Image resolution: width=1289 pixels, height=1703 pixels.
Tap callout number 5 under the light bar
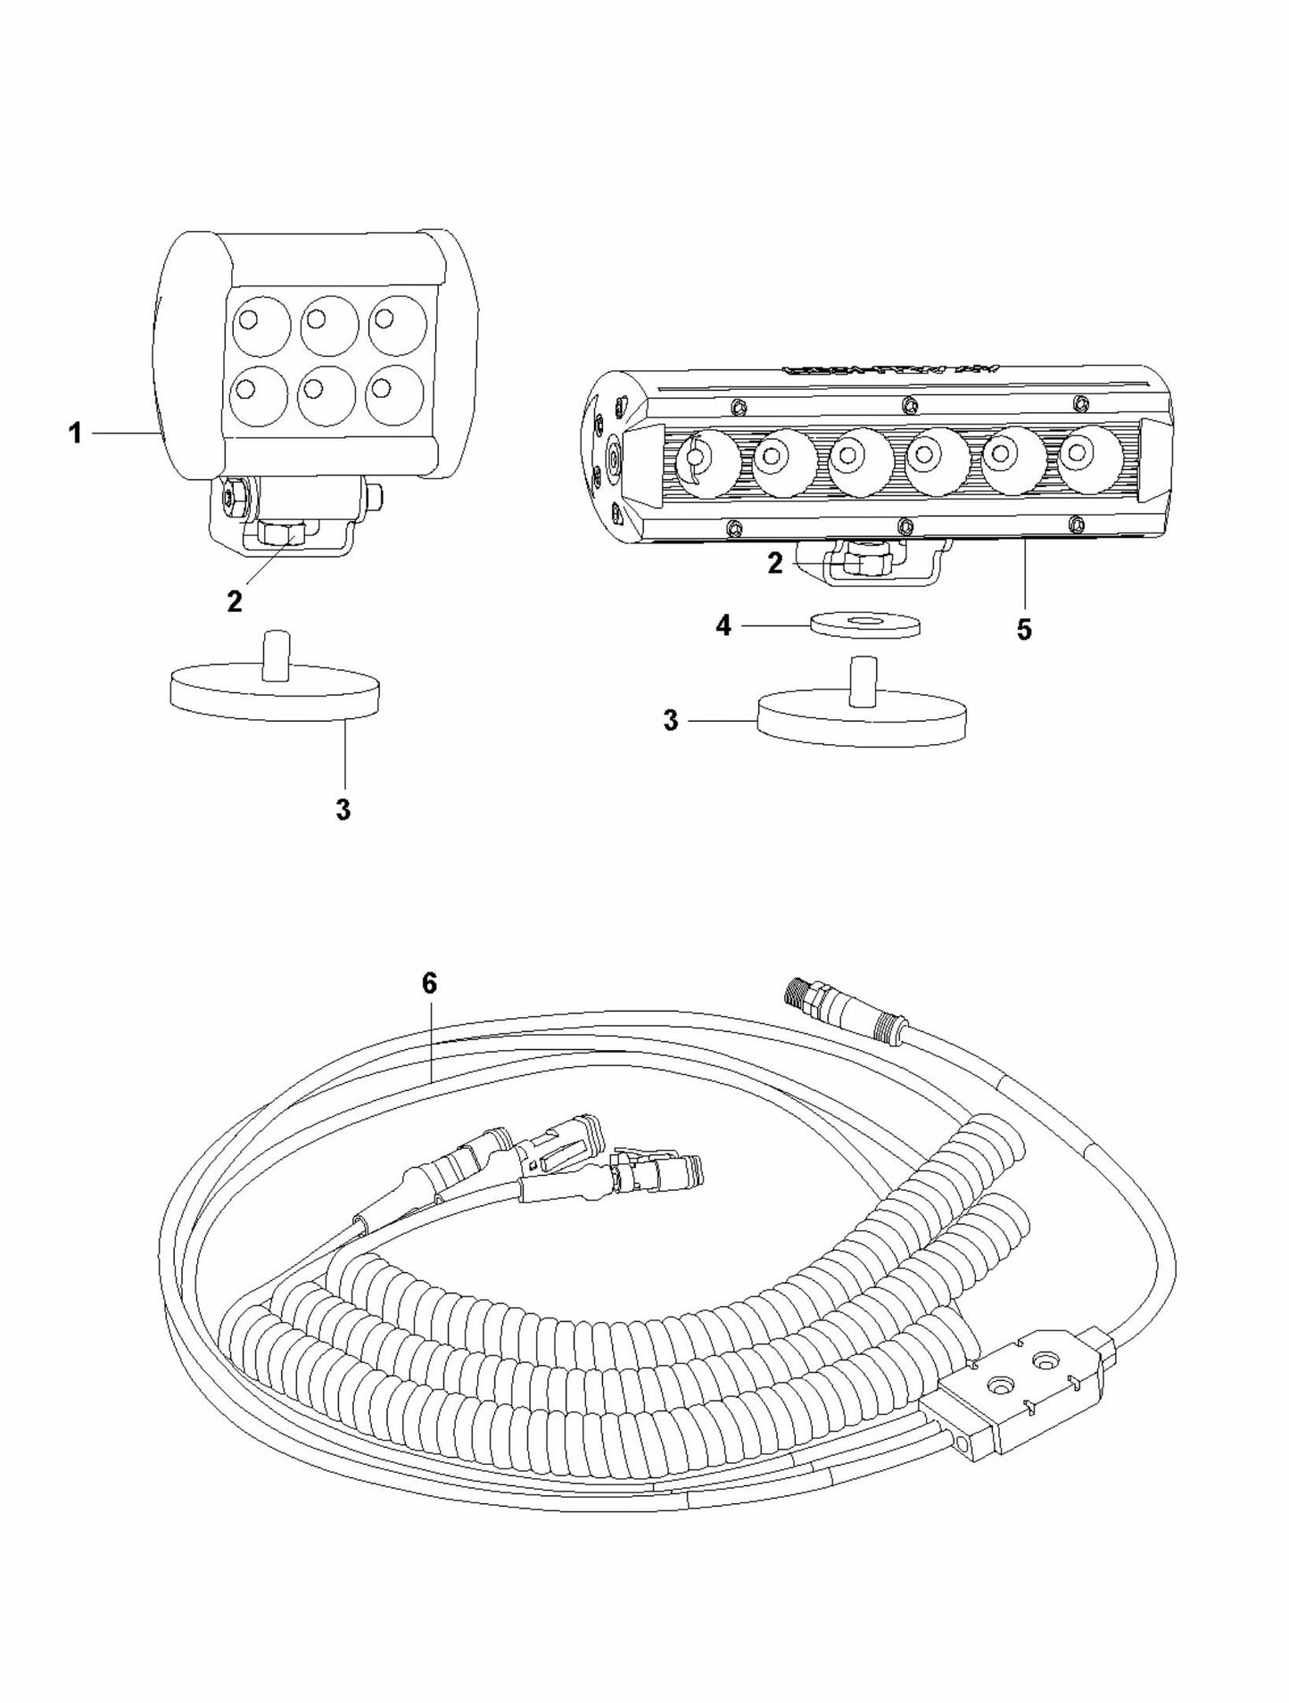pyautogui.click(x=1023, y=630)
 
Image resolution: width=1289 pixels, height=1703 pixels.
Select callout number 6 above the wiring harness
pyautogui.click(x=429, y=983)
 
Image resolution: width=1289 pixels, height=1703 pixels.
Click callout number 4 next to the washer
pyautogui.click(x=724, y=626)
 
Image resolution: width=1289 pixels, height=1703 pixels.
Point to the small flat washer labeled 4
pyautogui.click(x=863, y=624)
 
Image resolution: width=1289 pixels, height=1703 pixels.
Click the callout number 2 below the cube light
pyautogui.click(x=235, y=602)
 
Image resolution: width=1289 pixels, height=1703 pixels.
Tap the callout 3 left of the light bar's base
pyautogui.click(x=672, y=720)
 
